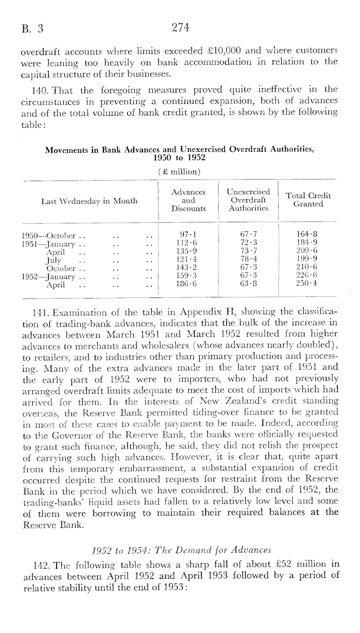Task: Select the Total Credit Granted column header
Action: click(309, 200)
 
